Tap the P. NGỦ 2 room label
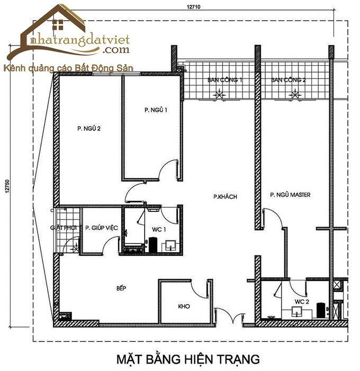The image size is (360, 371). point(89,128)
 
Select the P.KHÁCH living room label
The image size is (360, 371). point(225,197)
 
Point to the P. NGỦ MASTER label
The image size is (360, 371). point(290,195)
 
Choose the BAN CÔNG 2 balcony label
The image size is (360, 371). point(289,81)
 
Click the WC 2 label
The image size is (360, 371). point(302,302)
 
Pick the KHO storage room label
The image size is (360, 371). point(184,307)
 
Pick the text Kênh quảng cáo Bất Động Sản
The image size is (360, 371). point(68,69)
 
